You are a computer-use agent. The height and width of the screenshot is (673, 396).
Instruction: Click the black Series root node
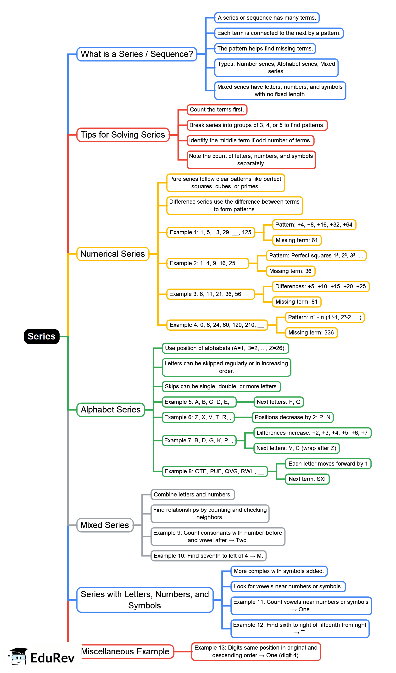click(x=41, y=336)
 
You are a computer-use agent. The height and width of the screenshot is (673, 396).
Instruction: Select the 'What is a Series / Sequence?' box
click(x=137, y=54)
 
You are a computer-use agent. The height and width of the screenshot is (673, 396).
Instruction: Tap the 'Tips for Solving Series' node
click(x=123, y=135)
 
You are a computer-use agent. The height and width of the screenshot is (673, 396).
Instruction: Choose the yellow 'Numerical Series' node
click(x=112, y=254)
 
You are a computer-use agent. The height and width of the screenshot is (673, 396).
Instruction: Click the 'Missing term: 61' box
click(x=296, y=240)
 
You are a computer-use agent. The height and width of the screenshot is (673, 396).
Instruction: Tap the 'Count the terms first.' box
click(x=217, y=110)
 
